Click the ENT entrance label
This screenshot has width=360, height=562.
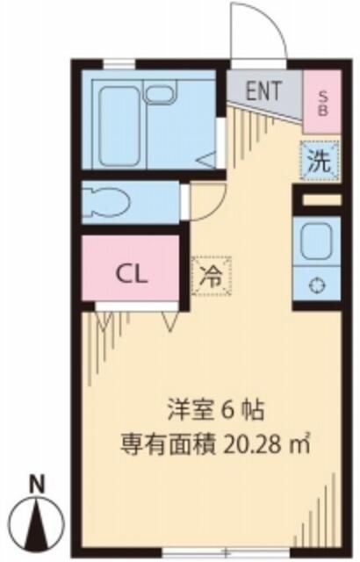263,90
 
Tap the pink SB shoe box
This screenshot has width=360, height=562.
322,102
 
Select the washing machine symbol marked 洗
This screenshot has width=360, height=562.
320,161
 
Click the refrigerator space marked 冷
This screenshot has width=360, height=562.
211,276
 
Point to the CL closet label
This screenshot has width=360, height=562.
131,275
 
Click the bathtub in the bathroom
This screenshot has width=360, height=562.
119,126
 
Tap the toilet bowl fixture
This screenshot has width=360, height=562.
105,203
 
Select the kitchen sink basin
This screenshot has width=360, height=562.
316,241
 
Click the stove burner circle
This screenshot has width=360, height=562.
317,285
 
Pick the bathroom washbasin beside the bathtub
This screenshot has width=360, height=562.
160,91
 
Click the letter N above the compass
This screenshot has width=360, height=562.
37,484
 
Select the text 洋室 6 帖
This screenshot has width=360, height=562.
216,410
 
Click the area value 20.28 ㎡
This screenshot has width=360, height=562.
266,443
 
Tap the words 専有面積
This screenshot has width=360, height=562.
167,444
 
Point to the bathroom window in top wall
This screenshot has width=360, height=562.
119,64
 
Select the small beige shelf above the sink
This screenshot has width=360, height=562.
321,200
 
